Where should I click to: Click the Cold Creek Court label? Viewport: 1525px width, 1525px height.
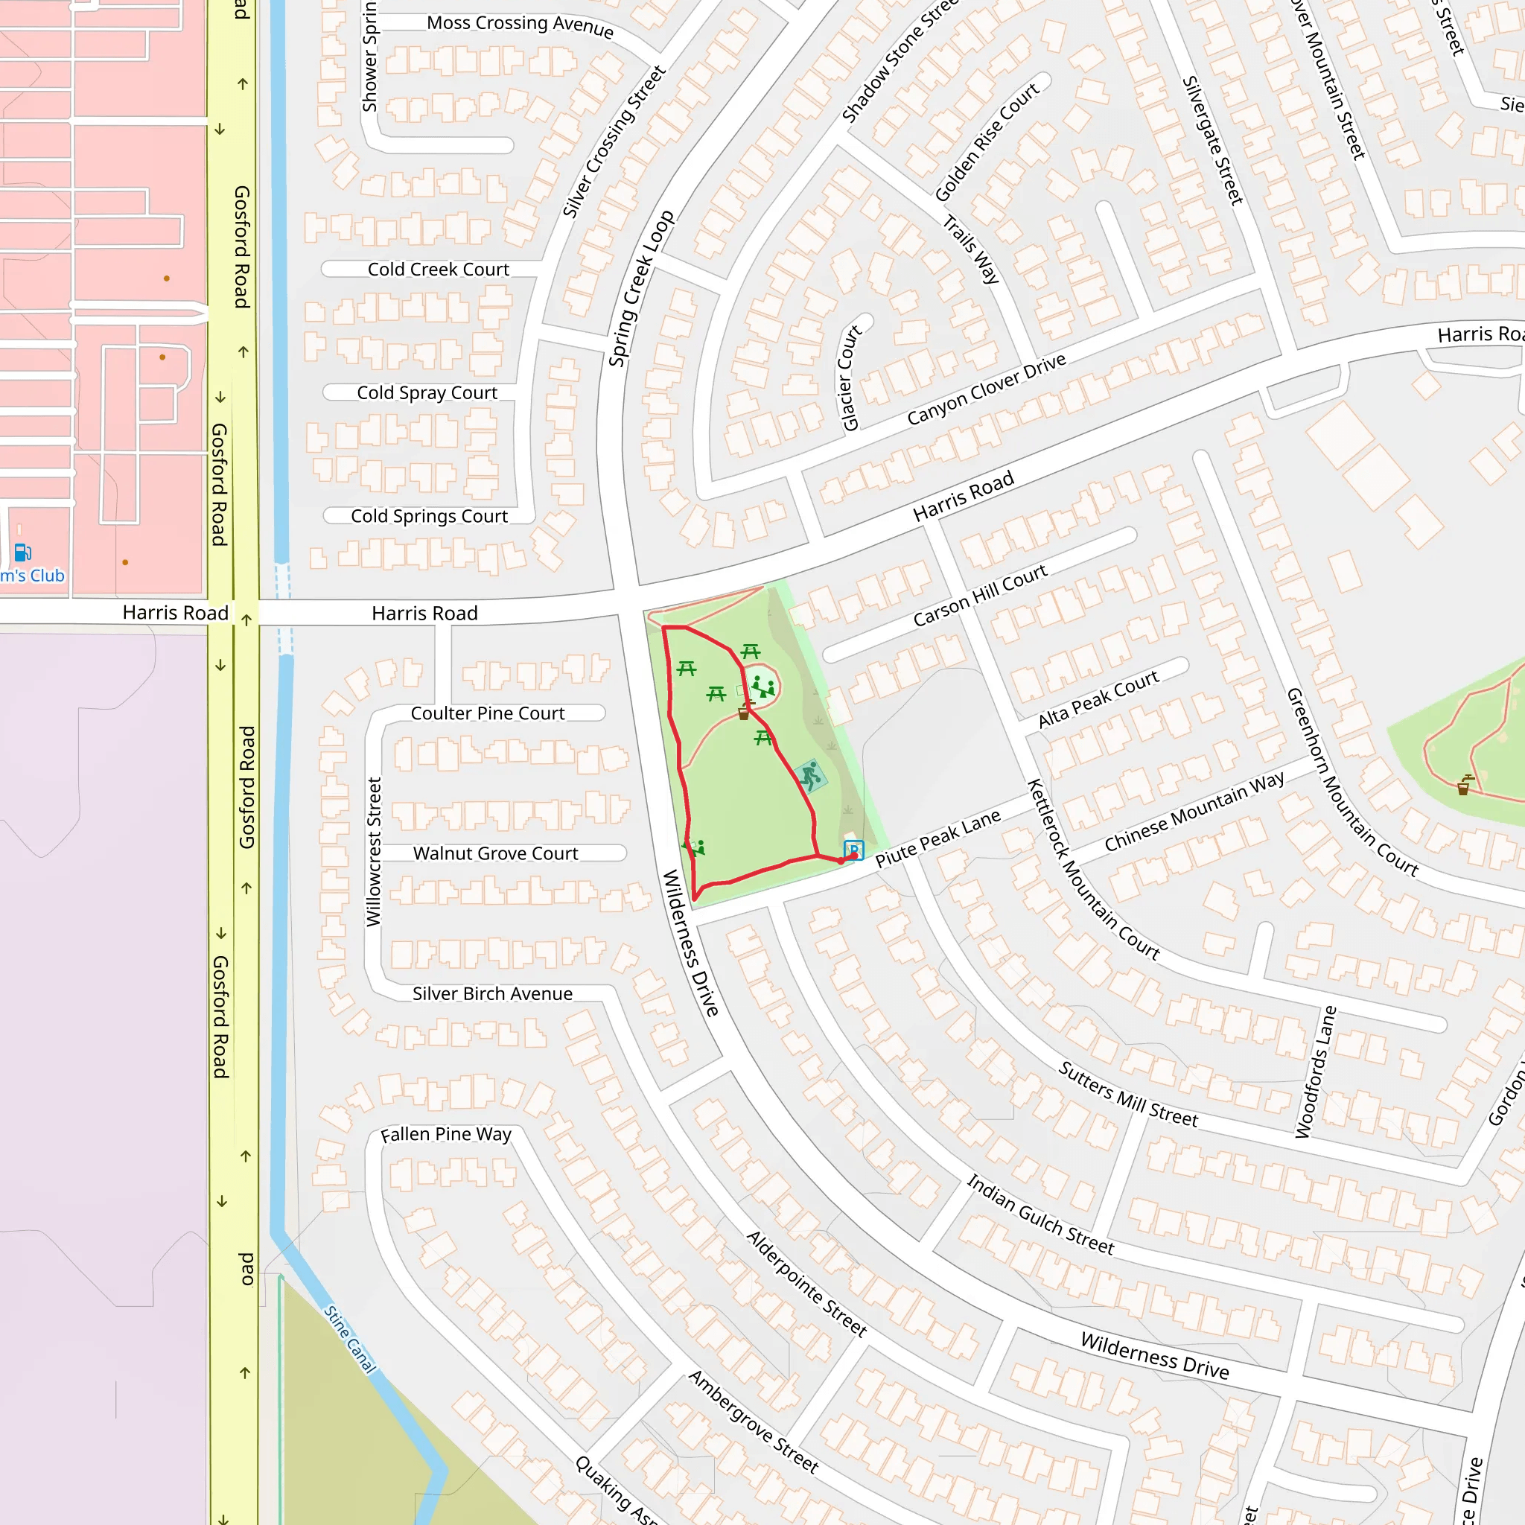coord(438,269)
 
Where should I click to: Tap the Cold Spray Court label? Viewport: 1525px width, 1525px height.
coord(427,392)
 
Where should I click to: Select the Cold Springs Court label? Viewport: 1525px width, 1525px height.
coord(429,515)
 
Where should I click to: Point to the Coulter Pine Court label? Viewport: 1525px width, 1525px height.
coord(487,713)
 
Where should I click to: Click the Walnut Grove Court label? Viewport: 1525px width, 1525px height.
coord(495,853)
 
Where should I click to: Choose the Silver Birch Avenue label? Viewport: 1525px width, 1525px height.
coord(491,994)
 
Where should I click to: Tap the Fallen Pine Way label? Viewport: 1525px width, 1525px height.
coord(446,1134)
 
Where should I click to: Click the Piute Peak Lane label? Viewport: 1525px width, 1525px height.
coord(937,838)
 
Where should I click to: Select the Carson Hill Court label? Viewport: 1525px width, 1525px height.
coord(980,595)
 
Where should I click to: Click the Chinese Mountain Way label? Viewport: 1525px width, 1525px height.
coord(1194,812)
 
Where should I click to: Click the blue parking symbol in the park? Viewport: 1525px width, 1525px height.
coord(853,850)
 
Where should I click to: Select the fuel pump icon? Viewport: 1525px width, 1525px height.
coord(23,552)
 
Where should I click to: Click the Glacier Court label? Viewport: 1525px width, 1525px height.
coord(850,378)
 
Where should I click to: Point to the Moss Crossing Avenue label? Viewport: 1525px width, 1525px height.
coord(520,25)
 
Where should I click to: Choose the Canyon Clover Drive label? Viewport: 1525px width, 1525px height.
coord(986,389)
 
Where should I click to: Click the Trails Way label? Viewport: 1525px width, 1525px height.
coord(971,249)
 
